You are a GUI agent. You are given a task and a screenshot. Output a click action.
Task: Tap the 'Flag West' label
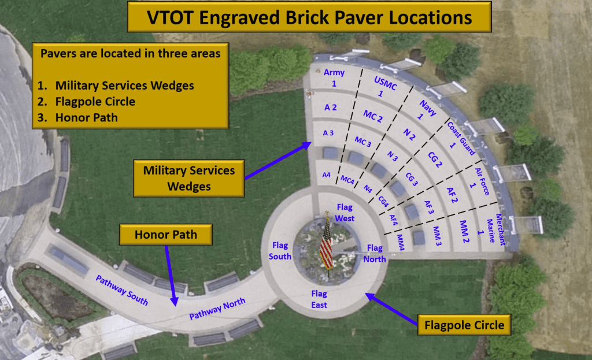coord(345,213)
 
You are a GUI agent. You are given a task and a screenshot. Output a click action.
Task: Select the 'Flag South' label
coord(280,251)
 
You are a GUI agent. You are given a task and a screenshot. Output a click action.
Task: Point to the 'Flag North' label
coord(375,254)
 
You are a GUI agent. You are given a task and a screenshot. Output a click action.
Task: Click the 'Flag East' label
coord(319,299)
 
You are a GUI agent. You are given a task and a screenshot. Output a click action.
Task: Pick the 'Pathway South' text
coord(121,290)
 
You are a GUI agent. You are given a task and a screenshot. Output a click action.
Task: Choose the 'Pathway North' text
coord(217,309)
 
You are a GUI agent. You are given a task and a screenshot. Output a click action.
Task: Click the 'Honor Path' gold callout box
coord(166,235)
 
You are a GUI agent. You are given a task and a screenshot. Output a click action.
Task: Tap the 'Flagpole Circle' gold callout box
coord(464,325)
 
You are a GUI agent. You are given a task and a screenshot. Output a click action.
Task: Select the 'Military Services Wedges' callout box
coord(189,178)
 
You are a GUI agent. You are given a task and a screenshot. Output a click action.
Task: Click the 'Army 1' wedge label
coord(334,78)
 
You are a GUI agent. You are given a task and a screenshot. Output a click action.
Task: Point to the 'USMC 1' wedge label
coord(384,87)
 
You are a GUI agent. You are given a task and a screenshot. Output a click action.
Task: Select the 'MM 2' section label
coord(464,231)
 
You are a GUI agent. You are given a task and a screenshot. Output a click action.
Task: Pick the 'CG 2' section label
coord(435,159)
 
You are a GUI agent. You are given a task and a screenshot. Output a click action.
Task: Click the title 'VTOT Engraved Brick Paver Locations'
coord(309,17)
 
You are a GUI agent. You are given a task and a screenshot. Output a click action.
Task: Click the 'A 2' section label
coord(330,107)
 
